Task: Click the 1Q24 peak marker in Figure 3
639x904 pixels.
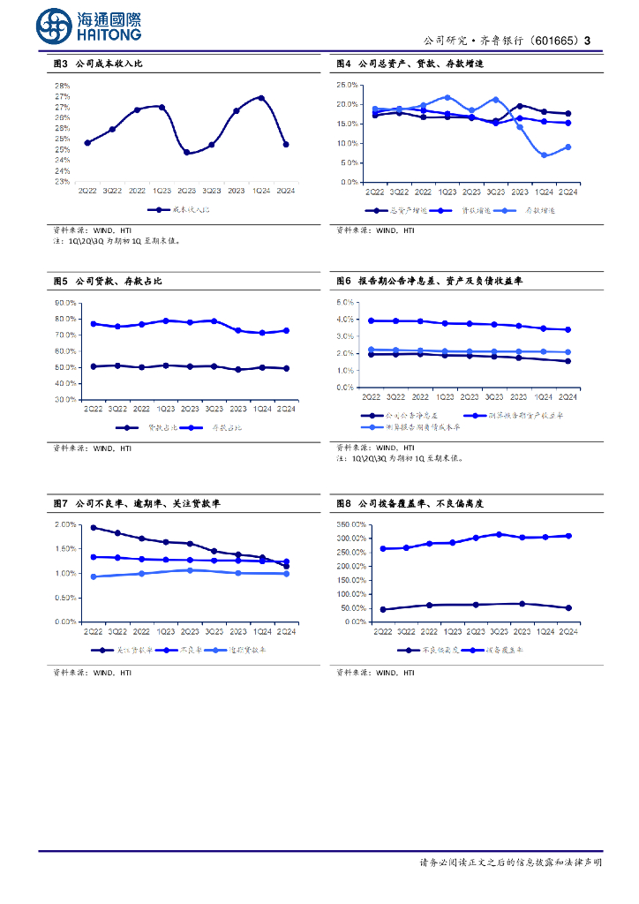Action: [x=261, y=98]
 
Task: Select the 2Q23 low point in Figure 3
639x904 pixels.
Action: [x=186, y=152]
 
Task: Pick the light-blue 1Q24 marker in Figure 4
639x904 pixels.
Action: [x=545, y=155]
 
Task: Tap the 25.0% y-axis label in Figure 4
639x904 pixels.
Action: [x=347, y=86]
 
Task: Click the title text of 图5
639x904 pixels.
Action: [x=107, y=281]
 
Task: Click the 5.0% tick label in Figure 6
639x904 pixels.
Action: [x=345, y=302]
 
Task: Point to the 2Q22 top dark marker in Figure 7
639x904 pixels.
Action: [x=94, y=527]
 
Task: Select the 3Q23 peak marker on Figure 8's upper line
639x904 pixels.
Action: [x=499, y=534]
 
